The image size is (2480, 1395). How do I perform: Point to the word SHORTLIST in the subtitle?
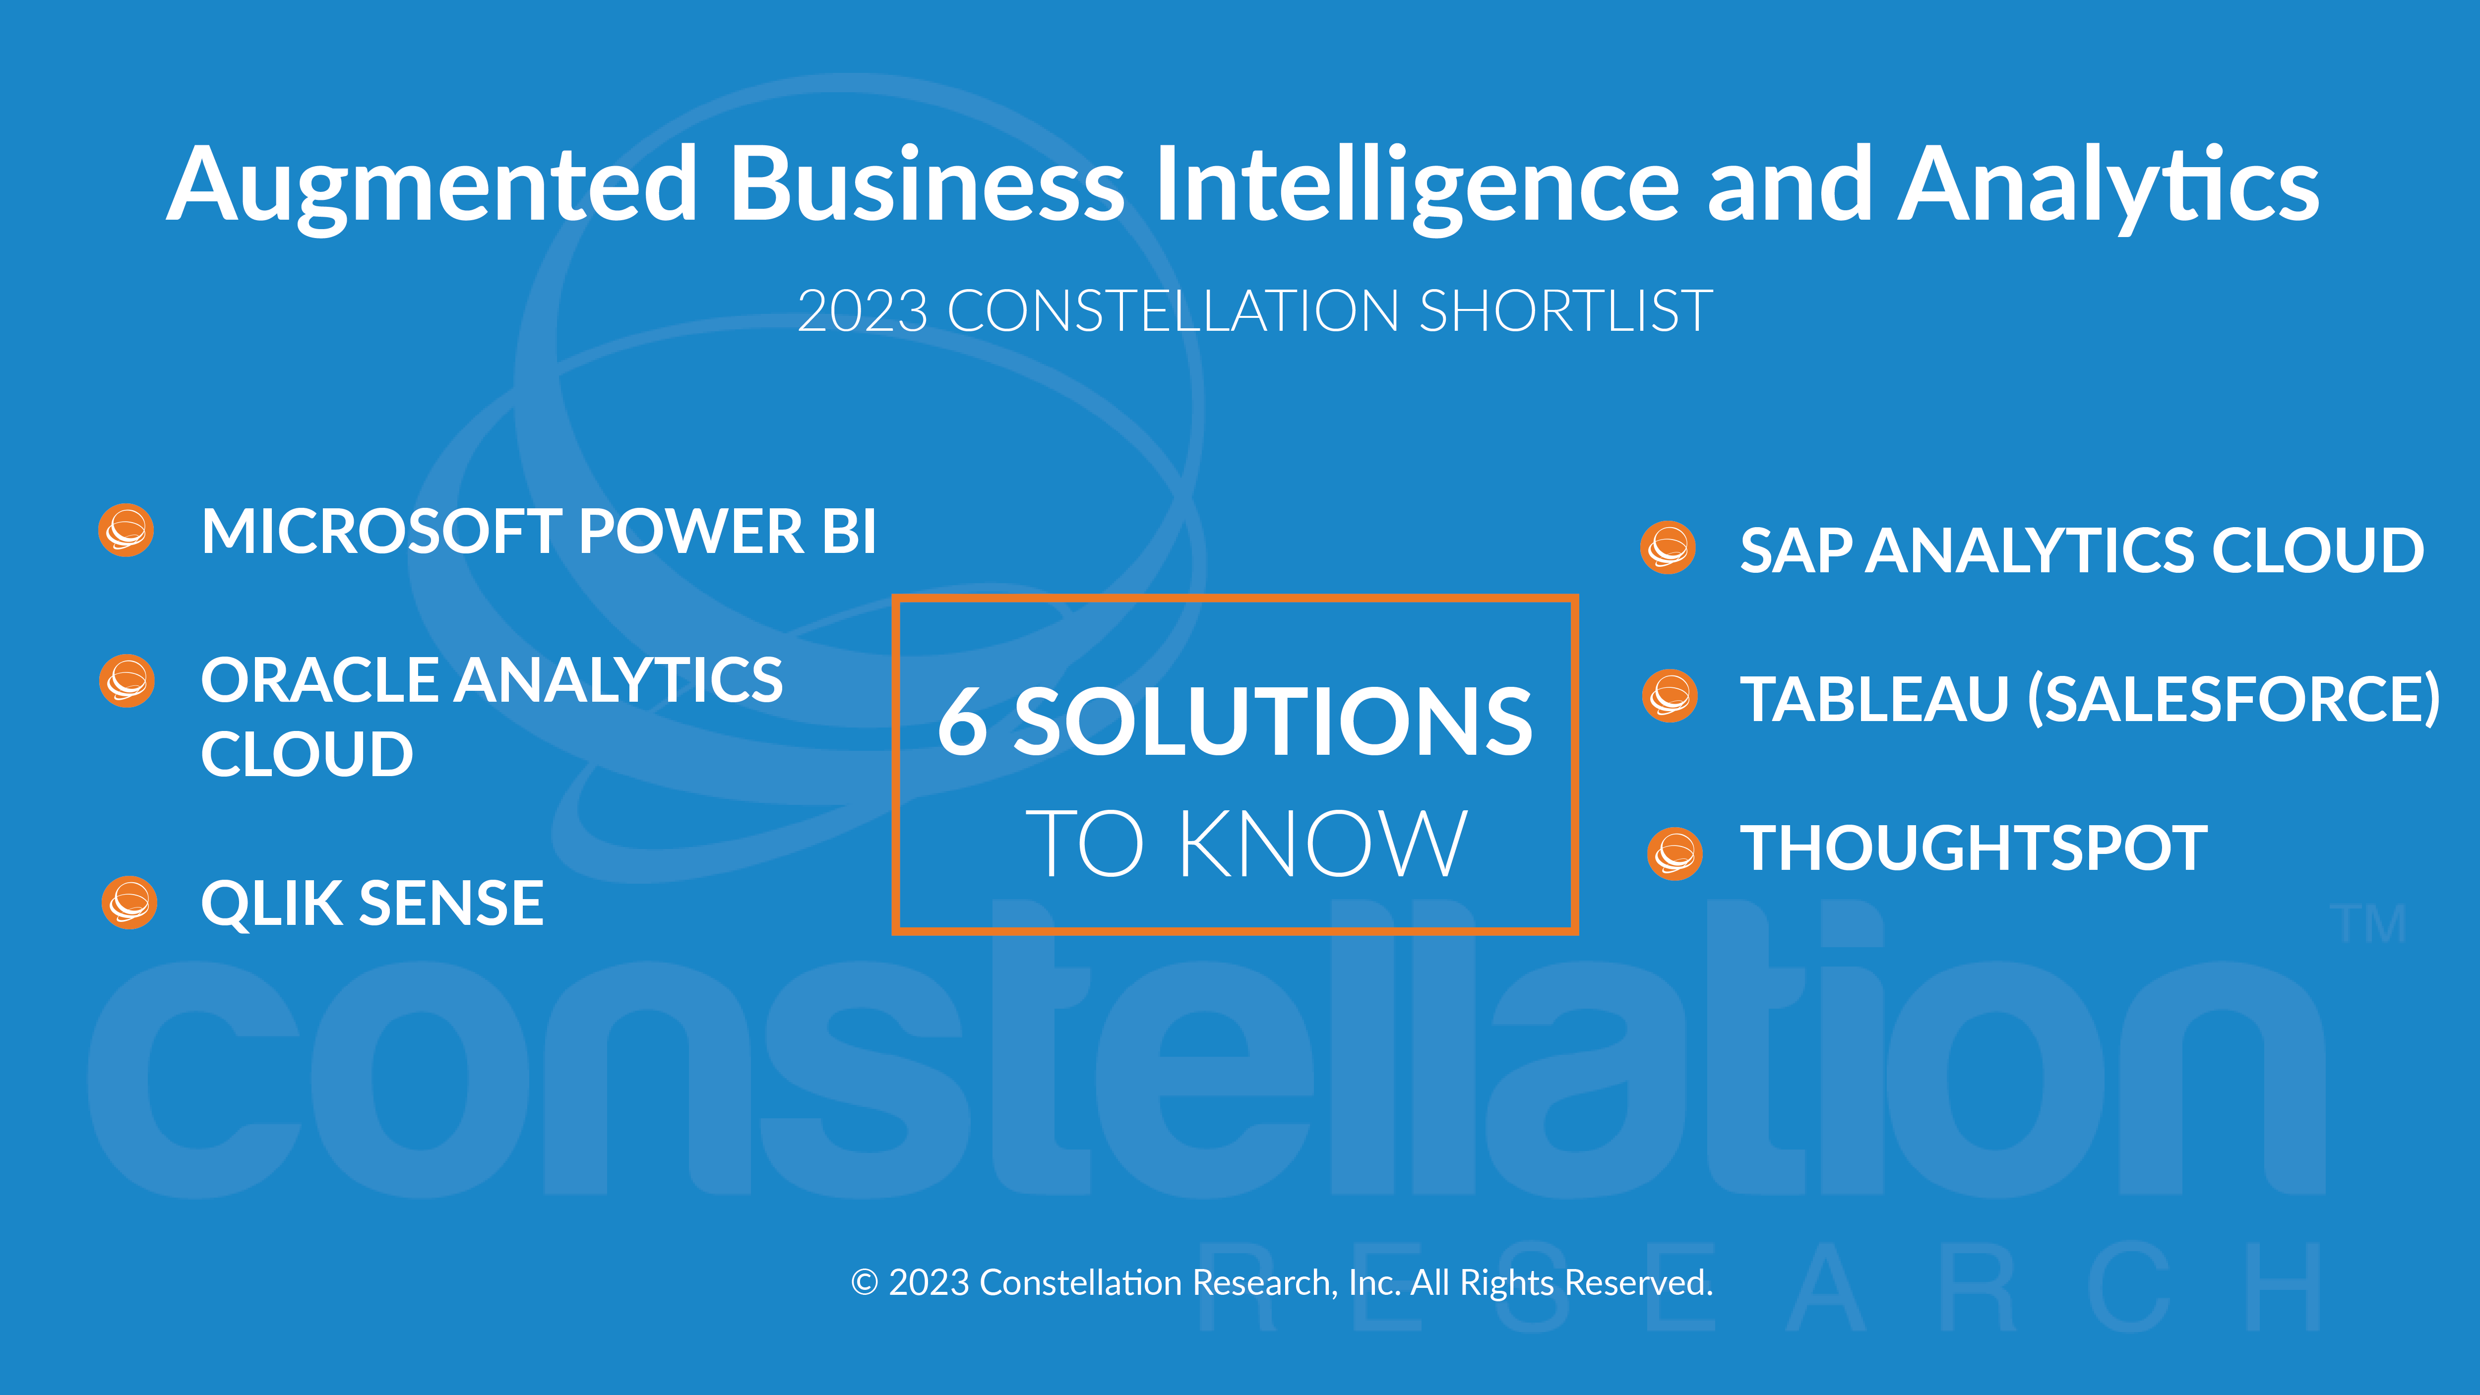click(1566, 311)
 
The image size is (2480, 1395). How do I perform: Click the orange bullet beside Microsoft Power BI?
click(126, 530)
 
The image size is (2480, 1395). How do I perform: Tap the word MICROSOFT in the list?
click(381, 532)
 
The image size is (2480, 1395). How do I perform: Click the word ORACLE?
click(320, 681)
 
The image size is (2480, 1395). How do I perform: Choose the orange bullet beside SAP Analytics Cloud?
click(1669, 548)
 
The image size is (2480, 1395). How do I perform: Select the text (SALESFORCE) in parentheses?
click(2233, 699)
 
